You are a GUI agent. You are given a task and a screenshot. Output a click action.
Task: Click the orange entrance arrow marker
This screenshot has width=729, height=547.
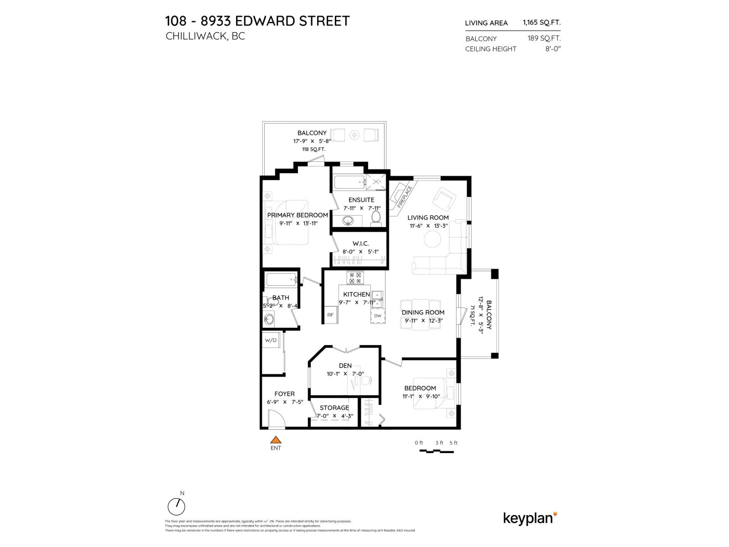pyautogui.click(x=275, y=440)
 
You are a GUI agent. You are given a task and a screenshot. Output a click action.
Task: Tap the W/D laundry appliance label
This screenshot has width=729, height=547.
pyautogui.click(x=271, y=340)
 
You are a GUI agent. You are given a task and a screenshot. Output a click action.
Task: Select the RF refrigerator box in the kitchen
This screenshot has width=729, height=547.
pyautogui.click(x=330, y=315)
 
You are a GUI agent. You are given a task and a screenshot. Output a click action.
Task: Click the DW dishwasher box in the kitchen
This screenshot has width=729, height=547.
pyautogui.click(x=377, y=315)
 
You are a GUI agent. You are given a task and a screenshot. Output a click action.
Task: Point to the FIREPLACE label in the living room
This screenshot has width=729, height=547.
pyautogui.click(x=404, y=196)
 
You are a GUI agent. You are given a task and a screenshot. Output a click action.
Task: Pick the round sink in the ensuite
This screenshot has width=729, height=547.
pyautogui.click(x=349, y=221)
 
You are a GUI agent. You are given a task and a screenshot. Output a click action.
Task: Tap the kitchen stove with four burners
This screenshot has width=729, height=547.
pyautogui.click(x=354, y=278)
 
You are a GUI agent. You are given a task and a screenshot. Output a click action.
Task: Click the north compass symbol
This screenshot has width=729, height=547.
pyautogui.click(x=176, y=506)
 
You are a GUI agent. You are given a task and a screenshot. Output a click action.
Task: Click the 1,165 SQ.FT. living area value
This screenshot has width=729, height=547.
pyautogui.click(x=541, y=22)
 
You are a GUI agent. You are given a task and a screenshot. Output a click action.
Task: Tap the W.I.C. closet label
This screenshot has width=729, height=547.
pyautogui.click(x=360, y=243)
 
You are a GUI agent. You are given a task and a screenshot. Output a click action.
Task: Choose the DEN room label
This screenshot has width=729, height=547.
pyautogui.click(x=345, y=366)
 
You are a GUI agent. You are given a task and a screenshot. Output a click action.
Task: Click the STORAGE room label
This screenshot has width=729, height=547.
pyautogui.click(x=334, y=408)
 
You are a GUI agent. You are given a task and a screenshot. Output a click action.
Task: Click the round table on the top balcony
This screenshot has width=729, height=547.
pyautogui.click(x=354, y=135)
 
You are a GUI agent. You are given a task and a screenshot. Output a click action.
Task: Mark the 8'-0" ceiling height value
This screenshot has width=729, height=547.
pyautogui.click(x=553, y=49)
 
